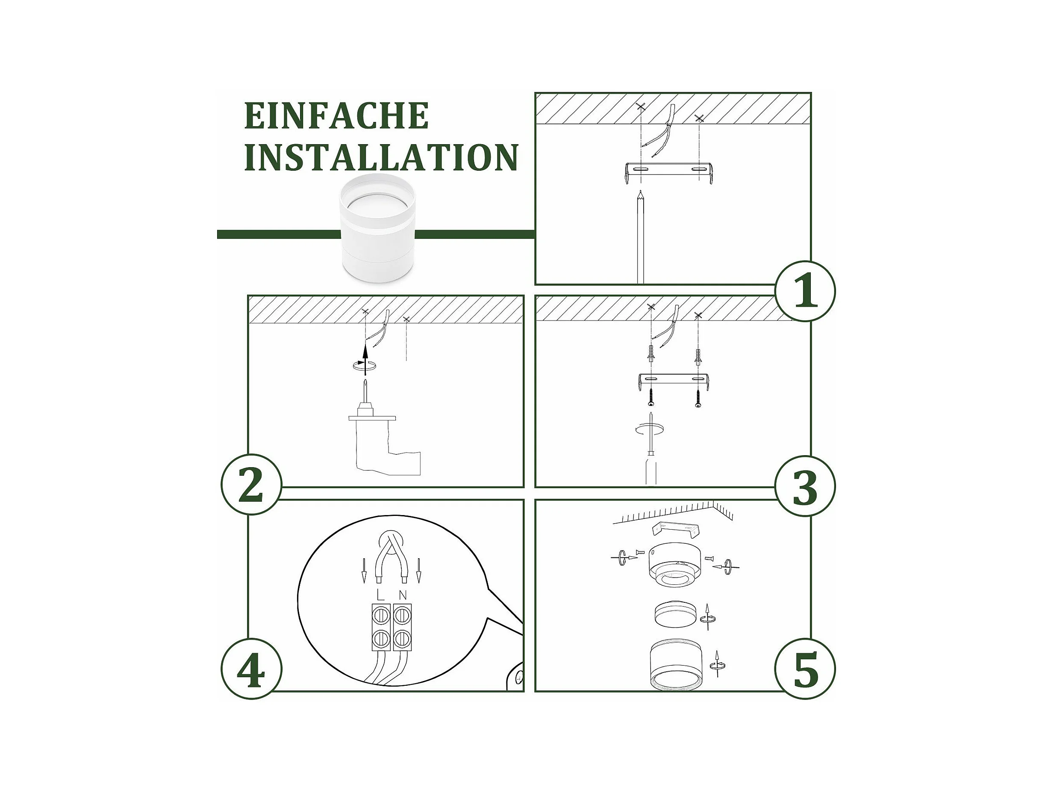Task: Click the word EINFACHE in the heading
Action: (x=336, y=116)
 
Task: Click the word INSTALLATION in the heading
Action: (x=381, y=157)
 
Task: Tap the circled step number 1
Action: (x=805, y=291)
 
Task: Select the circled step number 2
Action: (x=252, y=484)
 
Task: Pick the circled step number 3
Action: (x=805, y=486)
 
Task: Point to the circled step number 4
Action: (x=252, y=669)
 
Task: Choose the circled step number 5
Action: (x=805, y=669)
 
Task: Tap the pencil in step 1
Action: (x=640, y=237)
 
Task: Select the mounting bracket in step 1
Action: (x=668, y=172)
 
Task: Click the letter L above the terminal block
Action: (x=380, y=595)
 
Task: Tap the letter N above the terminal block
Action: (x=403, y=595)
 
